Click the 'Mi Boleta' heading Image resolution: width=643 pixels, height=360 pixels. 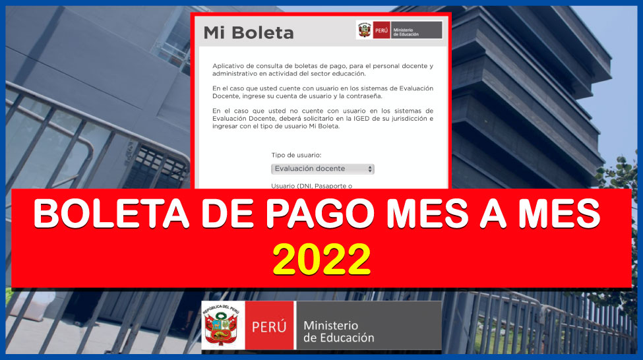(x=249, y=33)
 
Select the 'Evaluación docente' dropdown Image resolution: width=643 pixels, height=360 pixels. (x=322, y=169)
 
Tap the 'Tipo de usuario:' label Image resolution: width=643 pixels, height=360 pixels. (x=296, y=155)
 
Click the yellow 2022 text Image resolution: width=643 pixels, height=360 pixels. (x=322, y=259)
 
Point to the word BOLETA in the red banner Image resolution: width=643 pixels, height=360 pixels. (x=111, y=214)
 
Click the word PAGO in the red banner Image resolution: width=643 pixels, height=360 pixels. (x=320, y=214)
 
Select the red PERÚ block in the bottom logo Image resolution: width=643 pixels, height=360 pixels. (x=270, y=326)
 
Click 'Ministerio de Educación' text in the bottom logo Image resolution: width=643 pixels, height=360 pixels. (x=339, y=332)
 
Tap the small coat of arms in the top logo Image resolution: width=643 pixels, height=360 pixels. (x=364, y=30)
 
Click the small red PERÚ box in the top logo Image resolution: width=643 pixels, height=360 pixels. (x=381, y=30)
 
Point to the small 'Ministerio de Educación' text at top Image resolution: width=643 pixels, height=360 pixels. (x=406, y=32)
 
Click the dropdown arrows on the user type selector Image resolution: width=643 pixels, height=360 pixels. (x=370, y=169)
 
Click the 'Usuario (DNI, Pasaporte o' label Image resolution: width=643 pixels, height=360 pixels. (x=312, y=186)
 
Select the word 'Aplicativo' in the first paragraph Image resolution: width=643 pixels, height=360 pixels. (x=229, y=66)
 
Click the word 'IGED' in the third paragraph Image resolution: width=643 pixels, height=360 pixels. (x=379, y=119)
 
